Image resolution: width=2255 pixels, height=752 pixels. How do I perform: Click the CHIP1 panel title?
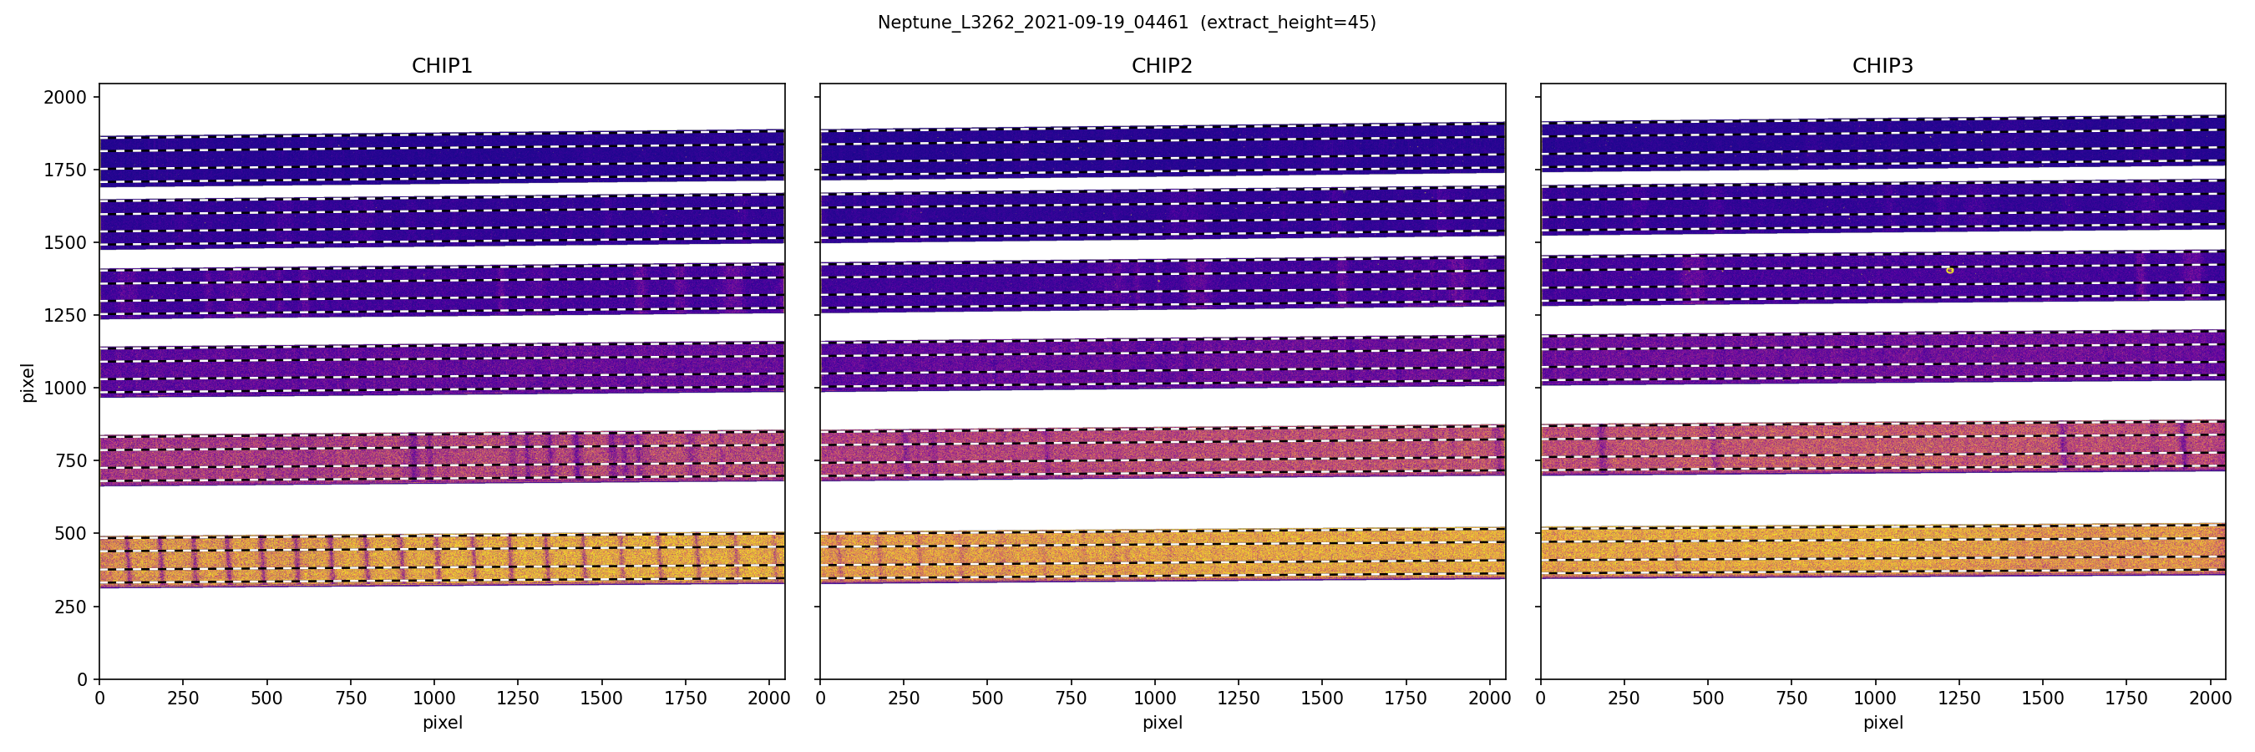pyautogui.click(x=442, y=66)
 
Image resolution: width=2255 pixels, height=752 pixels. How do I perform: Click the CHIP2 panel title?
pyautogui.click(x=1162, y=66)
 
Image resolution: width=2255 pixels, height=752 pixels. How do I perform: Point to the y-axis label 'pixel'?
pyautogui.click(x=28, y=382)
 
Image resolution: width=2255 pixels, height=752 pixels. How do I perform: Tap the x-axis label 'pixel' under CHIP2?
pyautogui.click(x=1162, y=723)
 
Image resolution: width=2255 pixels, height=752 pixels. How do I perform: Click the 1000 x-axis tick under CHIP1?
pyautogui.click(x=434, y=699)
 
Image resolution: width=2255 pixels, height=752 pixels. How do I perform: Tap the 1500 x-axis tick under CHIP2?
pyautogui.click(x=1322, y=699)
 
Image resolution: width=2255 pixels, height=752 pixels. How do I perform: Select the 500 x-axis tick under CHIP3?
pyautogui.click(x=1708, y=699)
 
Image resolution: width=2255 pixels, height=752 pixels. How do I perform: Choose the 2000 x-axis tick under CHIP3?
pyautogui.click(x=2211, y=699)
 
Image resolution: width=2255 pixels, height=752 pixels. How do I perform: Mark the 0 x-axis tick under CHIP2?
pyautogui.click(x=820, y=699)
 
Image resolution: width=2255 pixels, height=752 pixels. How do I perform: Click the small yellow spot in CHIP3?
pyautogui.click(x=1949, y=271)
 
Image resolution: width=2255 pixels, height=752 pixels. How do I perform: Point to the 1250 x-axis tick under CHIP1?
pyautogui.click(x=517, y=699)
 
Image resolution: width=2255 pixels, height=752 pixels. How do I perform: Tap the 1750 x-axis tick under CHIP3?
pyautogui.click(x=2126, y=699)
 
